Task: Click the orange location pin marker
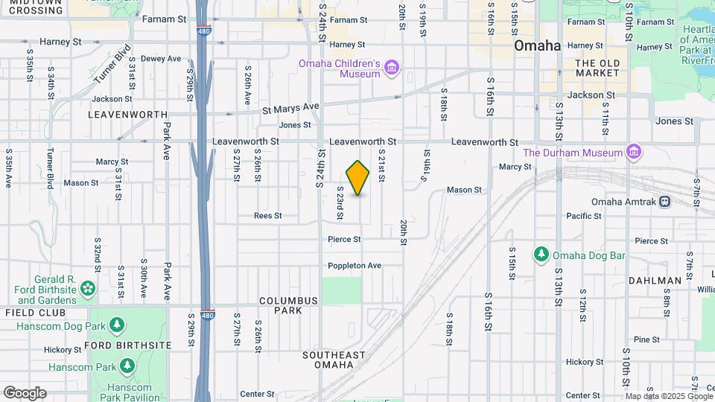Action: (358, 177)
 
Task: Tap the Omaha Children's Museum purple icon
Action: (391, 69)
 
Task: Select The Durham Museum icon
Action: (633, 153)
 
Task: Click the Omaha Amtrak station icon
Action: (664, 202)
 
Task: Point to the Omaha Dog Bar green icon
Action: (541, 255)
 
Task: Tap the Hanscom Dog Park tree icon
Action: (116, 325)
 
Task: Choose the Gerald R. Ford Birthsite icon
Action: (88, 287)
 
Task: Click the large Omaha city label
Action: (537, 45)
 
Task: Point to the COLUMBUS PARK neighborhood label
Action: (289, 305)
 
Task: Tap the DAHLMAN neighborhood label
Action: (655, 281)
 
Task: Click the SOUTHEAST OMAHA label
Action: (334, 360)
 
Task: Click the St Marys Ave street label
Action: (290, 108)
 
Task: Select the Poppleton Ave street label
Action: (355, 266)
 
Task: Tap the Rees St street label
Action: (267, 216)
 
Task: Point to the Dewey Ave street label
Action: (161, 59)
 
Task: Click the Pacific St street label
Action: (583, 216)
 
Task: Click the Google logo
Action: (25, 393)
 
